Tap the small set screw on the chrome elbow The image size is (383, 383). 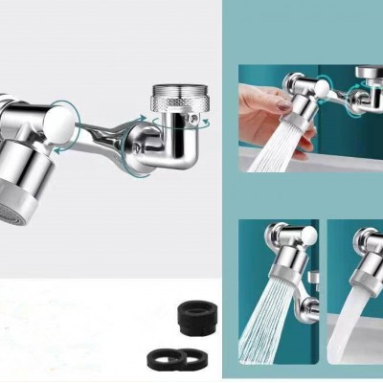click(196, 120)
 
